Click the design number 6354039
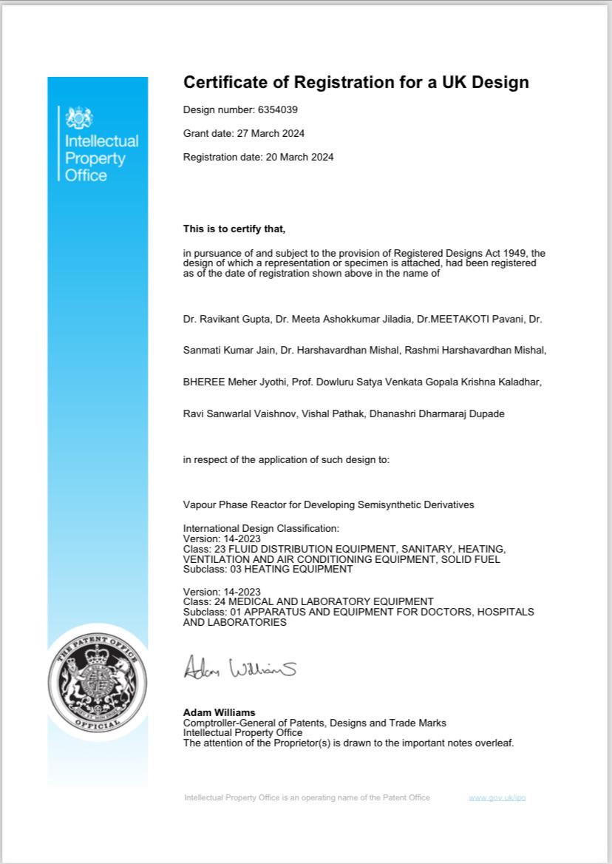(277, 110)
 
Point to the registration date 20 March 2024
(299, 157)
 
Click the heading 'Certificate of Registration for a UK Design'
(356, 82)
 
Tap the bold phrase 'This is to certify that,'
(234, 229)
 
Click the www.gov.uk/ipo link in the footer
(497, 797)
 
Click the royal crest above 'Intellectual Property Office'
(80, 118)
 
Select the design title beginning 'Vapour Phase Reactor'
(328, 504)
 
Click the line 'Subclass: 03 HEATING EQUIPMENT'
(268, 570)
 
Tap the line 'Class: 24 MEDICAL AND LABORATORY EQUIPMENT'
(308, 601)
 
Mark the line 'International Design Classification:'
(261, 529)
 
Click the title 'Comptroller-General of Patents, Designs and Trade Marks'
(314, 723)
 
